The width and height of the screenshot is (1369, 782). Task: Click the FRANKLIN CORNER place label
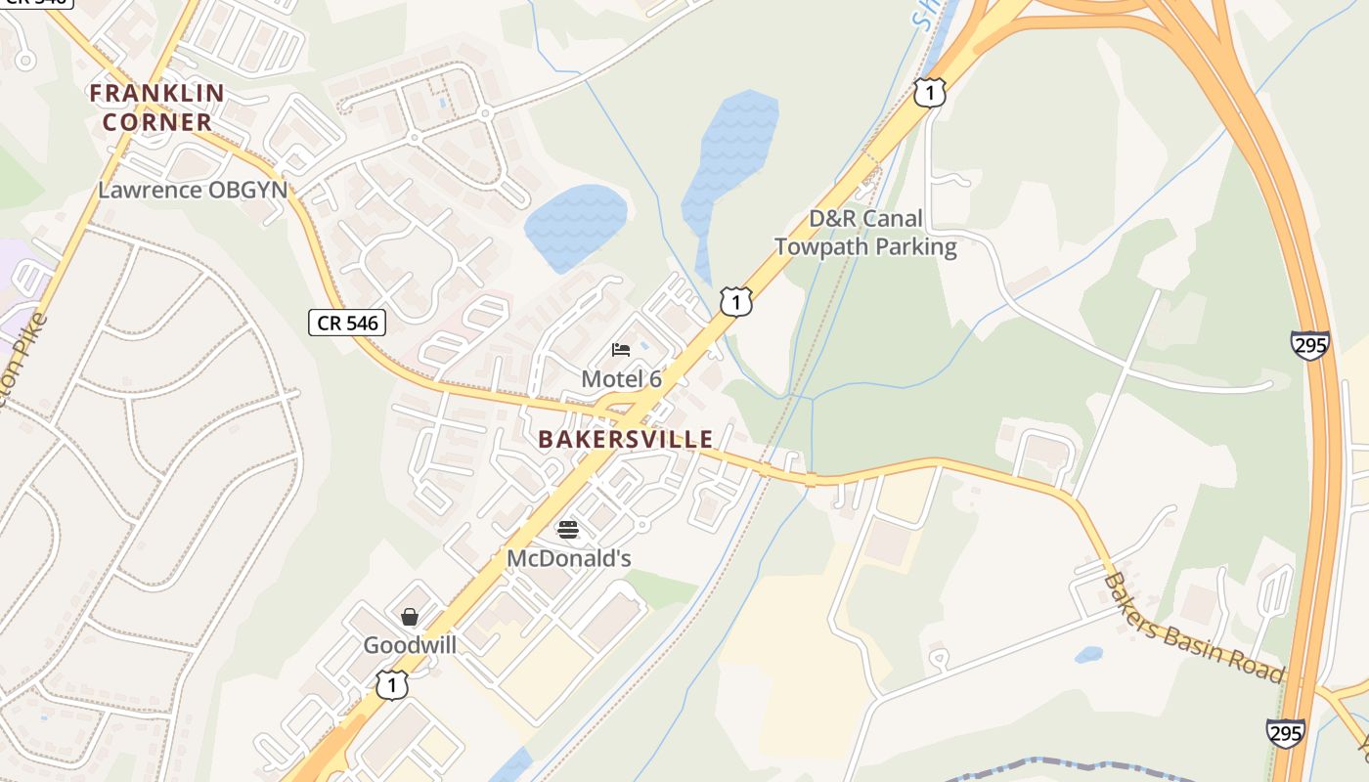click(x=157, y=108)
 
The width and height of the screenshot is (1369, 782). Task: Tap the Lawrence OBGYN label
click(x=193, y=190)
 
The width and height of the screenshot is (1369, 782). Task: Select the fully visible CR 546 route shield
click(x=347, y=322)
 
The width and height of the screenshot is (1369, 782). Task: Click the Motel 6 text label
click(x=621, y=379)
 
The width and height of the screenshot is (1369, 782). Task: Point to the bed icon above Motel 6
click(x=621, y=350)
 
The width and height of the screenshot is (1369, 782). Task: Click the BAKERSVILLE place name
click(x=626, y=440)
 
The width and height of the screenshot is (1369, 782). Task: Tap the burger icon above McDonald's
click(x=568, y=530)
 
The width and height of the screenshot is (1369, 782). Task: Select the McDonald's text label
click(x=568, y=558)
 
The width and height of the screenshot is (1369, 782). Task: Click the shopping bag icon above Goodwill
click(x=410, y=617)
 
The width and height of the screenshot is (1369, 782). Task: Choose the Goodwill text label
click(x=410, y=645)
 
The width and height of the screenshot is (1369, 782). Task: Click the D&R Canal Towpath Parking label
click(x=865, y=233)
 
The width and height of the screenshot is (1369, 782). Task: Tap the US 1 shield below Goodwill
click(x=391, y=684)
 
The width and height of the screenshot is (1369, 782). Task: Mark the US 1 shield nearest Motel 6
click(x=736, y=302)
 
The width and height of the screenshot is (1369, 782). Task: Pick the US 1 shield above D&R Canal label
click(x=930, y=93)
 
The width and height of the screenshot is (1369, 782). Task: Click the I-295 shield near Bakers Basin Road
click(x=1285, y=733)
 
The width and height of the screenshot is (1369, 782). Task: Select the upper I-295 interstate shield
click(x=1309, y=345)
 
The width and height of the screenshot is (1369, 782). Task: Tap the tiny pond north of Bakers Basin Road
click(x=1088, y=655)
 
